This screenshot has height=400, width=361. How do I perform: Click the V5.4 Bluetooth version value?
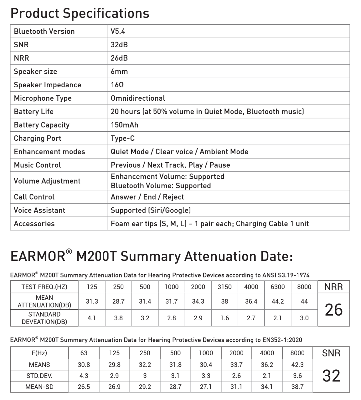click(118, 31)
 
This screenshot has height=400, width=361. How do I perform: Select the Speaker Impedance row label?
click(47, 85)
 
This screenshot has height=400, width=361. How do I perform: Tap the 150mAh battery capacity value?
click(124, 125)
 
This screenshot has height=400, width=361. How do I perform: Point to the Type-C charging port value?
click(123, 138)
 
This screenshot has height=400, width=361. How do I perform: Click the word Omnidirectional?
click(138, 98)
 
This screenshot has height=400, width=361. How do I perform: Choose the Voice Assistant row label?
click(39, 210)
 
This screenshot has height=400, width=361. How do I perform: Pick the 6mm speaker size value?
click(119, 71)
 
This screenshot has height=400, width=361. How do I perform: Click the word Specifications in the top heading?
click(106, 13)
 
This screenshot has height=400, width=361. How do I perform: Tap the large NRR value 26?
click(334, 310)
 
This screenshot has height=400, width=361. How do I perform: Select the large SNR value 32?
click(331, 376)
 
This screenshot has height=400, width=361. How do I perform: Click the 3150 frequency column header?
click(224, 287)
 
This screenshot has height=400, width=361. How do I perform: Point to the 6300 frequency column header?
click(278, 287)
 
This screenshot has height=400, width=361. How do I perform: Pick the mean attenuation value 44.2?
click(278, 301)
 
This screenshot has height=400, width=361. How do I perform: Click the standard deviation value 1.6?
click(224, 318)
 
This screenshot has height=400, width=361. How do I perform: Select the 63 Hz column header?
click(84, 353)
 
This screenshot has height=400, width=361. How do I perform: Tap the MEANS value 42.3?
click(297, 365)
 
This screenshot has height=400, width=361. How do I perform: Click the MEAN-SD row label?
click(39, 387)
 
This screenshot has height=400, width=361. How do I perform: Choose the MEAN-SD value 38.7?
click(297, 387)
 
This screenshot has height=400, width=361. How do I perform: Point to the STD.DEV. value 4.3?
click(84, 376)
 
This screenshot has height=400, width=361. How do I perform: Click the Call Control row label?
click(34, 197)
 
